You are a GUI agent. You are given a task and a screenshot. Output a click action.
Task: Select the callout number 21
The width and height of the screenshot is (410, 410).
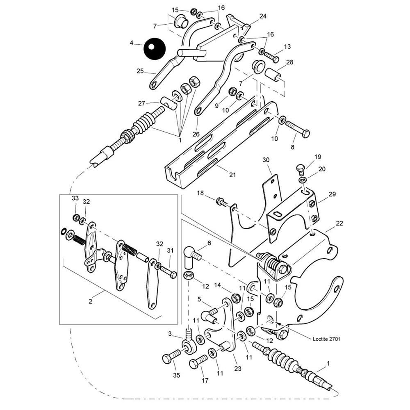(x=232, y=175)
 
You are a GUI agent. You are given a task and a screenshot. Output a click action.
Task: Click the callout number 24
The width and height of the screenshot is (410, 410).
(x=263, y=16)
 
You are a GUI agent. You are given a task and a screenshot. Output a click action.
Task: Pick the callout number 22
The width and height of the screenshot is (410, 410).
(x=339, y=223)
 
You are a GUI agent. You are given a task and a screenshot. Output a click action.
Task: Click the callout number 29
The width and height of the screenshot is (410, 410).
(x=332, y=193)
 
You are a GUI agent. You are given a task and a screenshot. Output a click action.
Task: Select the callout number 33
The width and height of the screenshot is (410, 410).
(x=75, y=198)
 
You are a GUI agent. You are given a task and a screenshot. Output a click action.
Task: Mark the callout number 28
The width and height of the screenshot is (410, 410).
(x=290, y=62)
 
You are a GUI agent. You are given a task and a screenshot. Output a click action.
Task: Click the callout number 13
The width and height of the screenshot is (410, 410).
(x=287, y=47)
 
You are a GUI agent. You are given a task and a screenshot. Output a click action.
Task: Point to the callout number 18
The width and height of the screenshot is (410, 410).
(x=200, y=193)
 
